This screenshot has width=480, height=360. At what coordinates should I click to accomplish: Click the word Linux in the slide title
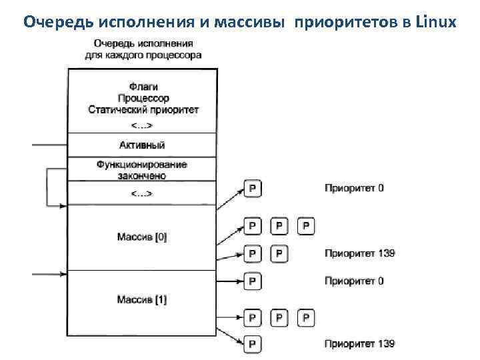tap(435, 21)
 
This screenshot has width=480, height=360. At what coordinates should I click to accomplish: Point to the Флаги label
tap(143, 87)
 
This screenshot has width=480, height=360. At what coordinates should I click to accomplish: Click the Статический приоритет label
tap(143, 109)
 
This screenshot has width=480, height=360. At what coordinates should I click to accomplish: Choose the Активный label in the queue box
tap(141, 145)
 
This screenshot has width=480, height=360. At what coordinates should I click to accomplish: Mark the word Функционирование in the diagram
tap(141, 165)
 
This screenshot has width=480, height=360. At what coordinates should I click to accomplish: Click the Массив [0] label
tap(141, 237)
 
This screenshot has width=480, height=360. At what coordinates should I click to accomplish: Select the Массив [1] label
tap(141, 300)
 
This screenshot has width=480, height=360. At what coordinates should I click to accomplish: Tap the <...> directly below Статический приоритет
tap(141, 125)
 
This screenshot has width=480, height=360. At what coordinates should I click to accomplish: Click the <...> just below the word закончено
tap(141, 193)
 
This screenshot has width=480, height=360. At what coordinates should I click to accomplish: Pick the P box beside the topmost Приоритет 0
tap(253, 189)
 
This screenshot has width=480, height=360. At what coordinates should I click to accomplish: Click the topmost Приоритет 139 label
tap(359, 253)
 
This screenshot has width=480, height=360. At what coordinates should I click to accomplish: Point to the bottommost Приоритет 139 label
tap(359, 344)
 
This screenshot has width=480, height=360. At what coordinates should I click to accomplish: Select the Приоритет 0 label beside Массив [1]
tap(354, 281)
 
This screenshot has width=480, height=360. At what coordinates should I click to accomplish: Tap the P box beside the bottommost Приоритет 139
tap(253, 344)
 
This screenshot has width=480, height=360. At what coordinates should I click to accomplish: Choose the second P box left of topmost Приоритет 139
tap(253, 253)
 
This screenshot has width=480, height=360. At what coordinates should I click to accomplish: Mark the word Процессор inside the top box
tap(143, 98)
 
